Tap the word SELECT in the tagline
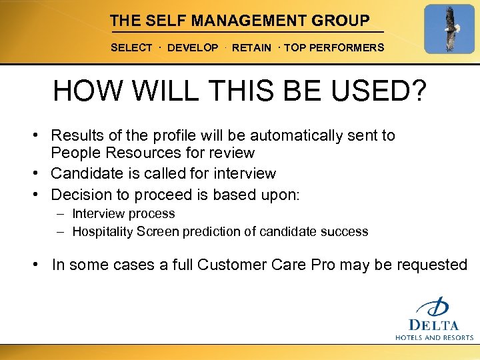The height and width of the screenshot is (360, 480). (131, 48)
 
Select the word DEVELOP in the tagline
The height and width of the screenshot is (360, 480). (193, 48)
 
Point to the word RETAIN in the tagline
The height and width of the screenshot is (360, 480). (251, 48)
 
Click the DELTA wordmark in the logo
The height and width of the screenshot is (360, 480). (434, 325)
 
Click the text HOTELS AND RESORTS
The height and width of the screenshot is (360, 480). (434, 337)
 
